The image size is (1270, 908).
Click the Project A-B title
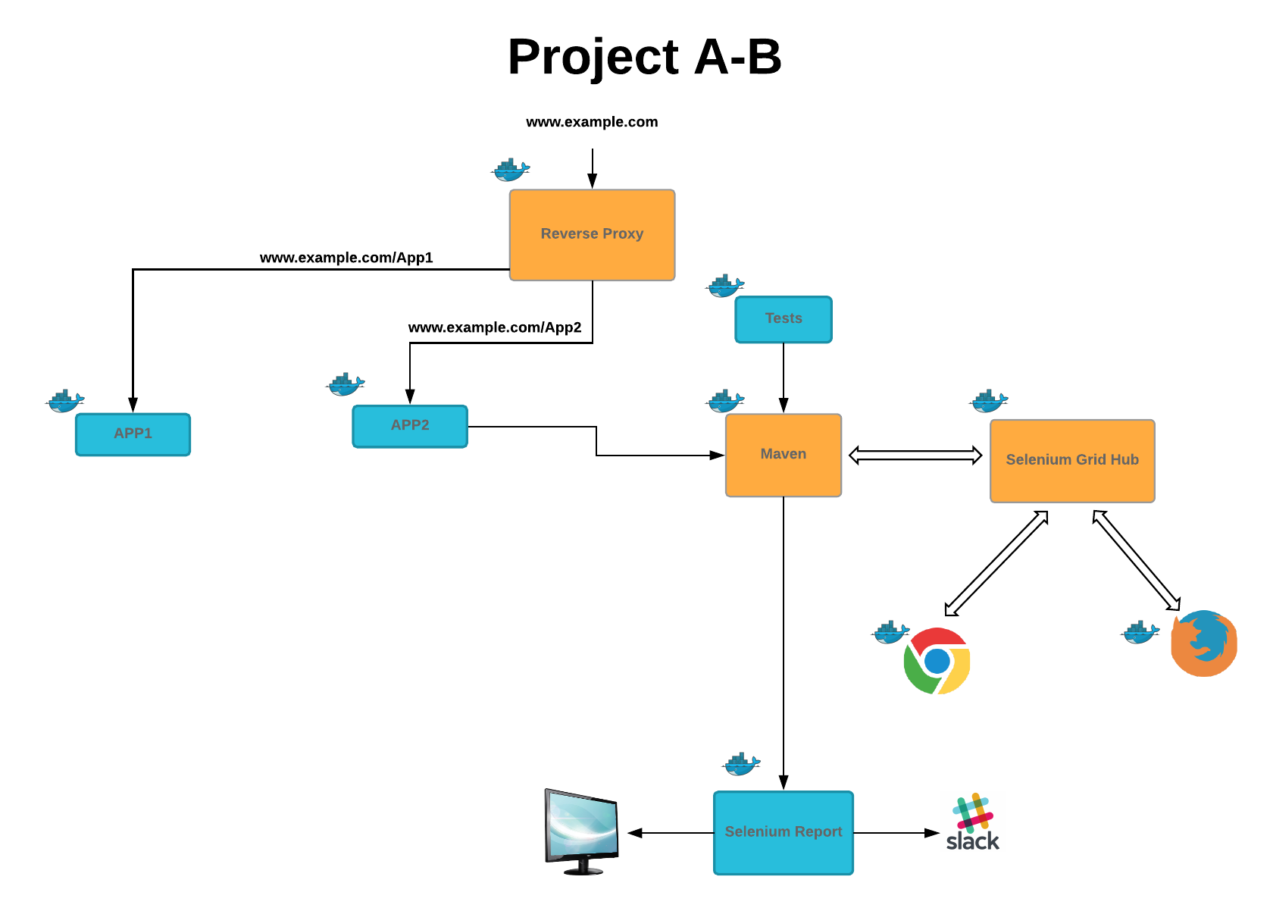tap(644, 57)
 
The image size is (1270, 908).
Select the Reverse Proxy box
tap(592, 234)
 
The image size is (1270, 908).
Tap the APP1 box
tap(133, 434)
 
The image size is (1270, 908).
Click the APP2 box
tap(410, 426)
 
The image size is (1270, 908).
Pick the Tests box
tap(783, 319)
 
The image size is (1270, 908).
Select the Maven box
tap(783, 455)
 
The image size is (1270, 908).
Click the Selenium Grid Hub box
tap(1071, 460)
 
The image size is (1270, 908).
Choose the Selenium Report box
tap(783, 832)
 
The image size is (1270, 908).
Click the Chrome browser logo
tap(937, 661)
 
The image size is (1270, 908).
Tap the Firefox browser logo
tap(1203, 643)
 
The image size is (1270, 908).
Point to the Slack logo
tap(973, 822)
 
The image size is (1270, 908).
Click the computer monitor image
tap(581, 831)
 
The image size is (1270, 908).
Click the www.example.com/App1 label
tap(346, 258)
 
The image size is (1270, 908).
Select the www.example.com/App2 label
tap(495, 327)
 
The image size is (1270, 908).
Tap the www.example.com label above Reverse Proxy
tap(592, 122)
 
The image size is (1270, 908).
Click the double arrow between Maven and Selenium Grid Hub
tap(915, 455)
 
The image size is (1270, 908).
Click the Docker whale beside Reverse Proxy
tap(511, 171)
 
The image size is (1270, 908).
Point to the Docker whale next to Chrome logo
tap(891, 632)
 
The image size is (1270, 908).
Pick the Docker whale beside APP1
tap(65, 401)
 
